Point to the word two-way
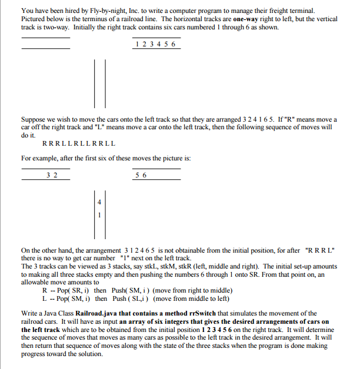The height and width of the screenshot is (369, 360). (x=56, y=27)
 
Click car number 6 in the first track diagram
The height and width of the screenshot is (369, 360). (x=174, y=45)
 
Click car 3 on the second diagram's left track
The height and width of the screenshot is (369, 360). (x=48, y=175)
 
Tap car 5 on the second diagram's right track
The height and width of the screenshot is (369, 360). (x=137, y=175)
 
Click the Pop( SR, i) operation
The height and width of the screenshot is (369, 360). (x=72, y=290)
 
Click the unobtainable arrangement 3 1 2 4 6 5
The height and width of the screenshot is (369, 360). (x=144, y=250)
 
